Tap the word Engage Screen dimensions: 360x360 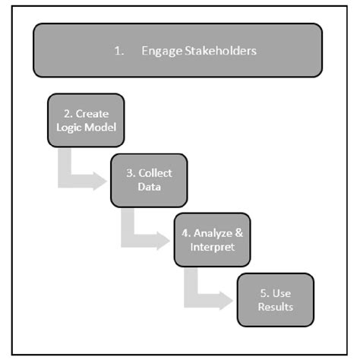pos(157,51)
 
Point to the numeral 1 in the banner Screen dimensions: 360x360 pos(117,51)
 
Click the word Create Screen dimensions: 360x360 pos(93,113)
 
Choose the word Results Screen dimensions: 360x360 pos(274,307)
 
